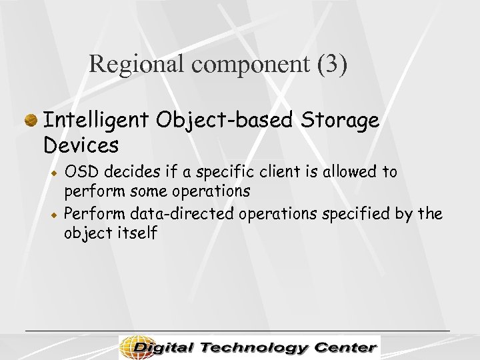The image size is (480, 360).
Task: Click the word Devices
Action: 81,144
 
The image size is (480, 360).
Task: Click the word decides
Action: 127,172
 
